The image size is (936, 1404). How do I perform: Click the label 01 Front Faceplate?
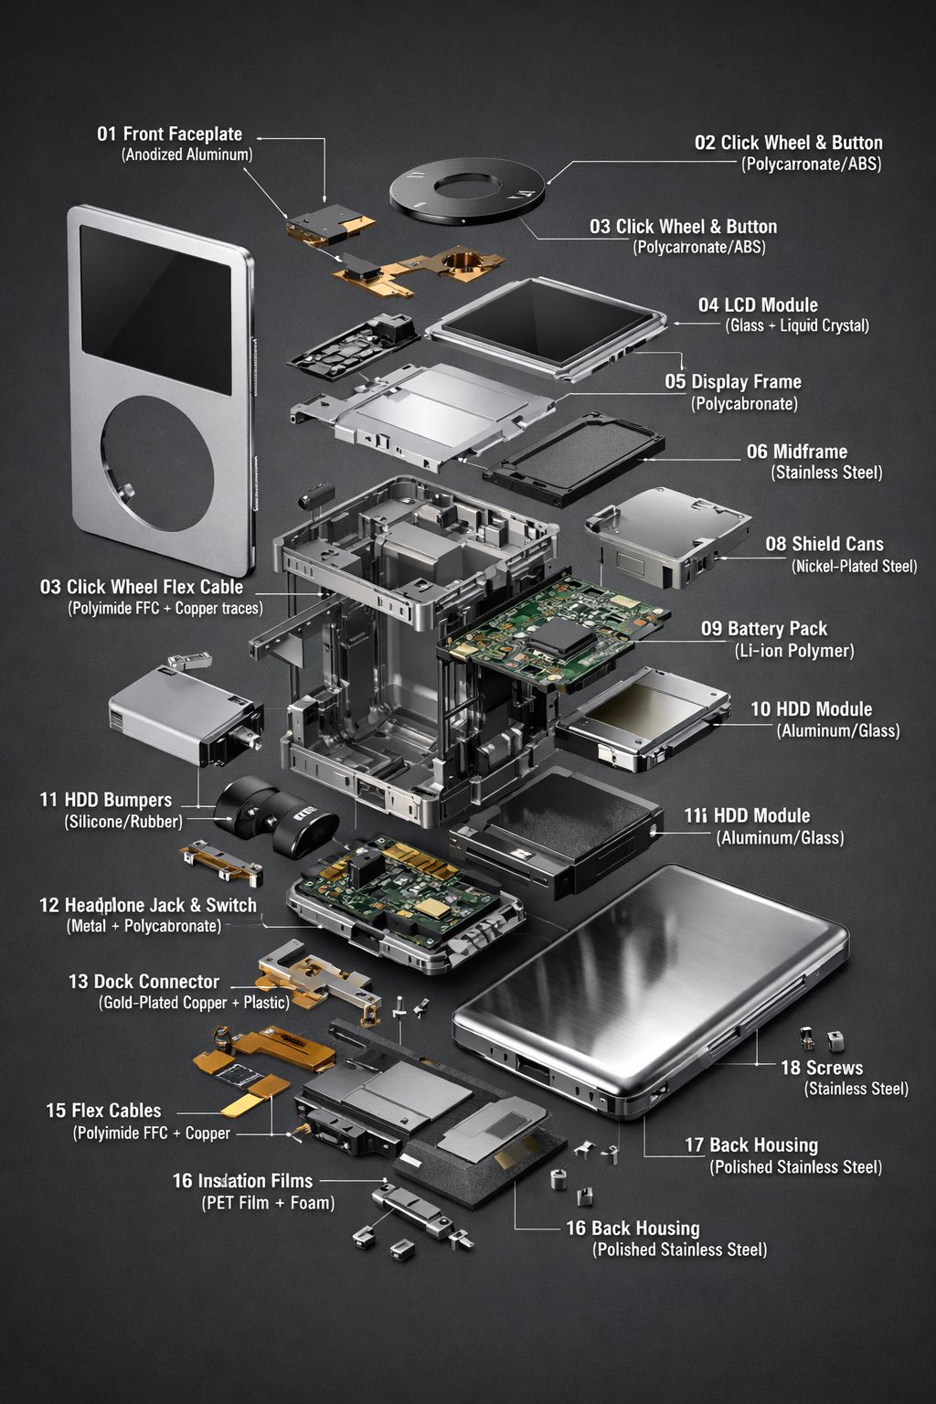(x=170, y=134)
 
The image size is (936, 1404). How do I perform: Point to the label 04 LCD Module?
(x=758, y=305)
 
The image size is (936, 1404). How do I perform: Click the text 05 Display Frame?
(x=733, y=382)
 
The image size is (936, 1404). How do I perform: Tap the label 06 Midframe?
(x=797, y=452)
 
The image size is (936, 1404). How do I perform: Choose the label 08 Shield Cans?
(x=824, y=544)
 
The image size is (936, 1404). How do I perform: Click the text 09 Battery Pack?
(x=764, y=629)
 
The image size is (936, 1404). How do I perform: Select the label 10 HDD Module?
(x=811, y=709)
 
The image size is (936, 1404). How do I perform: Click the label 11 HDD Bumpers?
(x=105, y=800)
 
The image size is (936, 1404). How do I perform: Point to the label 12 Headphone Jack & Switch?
(x=148, y=905)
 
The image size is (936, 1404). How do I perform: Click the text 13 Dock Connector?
(x=144, y=982)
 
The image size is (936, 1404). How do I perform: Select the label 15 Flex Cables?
(x=103, y=1111)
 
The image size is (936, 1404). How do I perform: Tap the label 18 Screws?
(x=821, y=1068)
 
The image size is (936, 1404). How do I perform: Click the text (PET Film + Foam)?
(x=268, y=1203)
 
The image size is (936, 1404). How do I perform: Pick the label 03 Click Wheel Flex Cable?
(x=142, y=587)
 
